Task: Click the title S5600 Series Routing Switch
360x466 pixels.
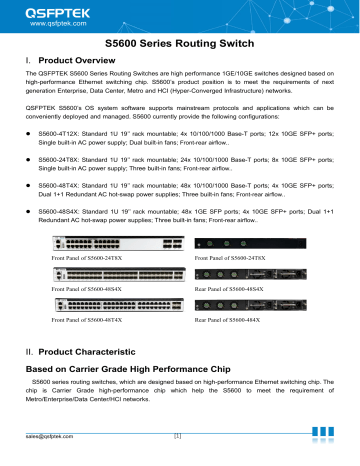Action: [x=180, y=46]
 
